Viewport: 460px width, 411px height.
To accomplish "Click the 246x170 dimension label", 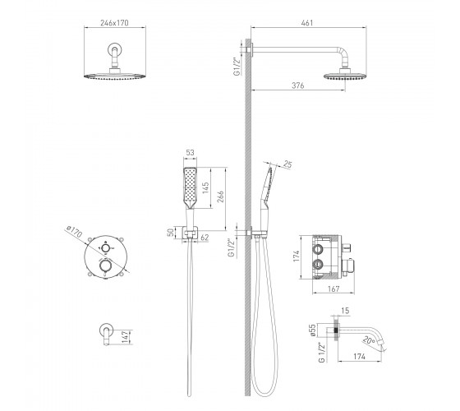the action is (114, 23).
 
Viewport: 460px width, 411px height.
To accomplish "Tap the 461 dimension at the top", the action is (307, 23).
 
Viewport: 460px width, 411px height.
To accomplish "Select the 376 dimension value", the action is (297, 85).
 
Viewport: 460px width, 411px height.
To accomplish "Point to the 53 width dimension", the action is (190, 153).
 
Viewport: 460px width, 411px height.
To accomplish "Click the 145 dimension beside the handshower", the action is (205, 187).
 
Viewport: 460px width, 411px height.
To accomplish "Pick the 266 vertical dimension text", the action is (221, 196).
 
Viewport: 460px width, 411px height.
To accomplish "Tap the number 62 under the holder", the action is (205, 238).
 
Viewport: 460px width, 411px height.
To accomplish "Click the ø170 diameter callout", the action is (74, 232).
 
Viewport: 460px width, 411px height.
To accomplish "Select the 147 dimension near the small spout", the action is (125, 337).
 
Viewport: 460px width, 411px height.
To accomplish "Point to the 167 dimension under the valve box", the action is (333, 289).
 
